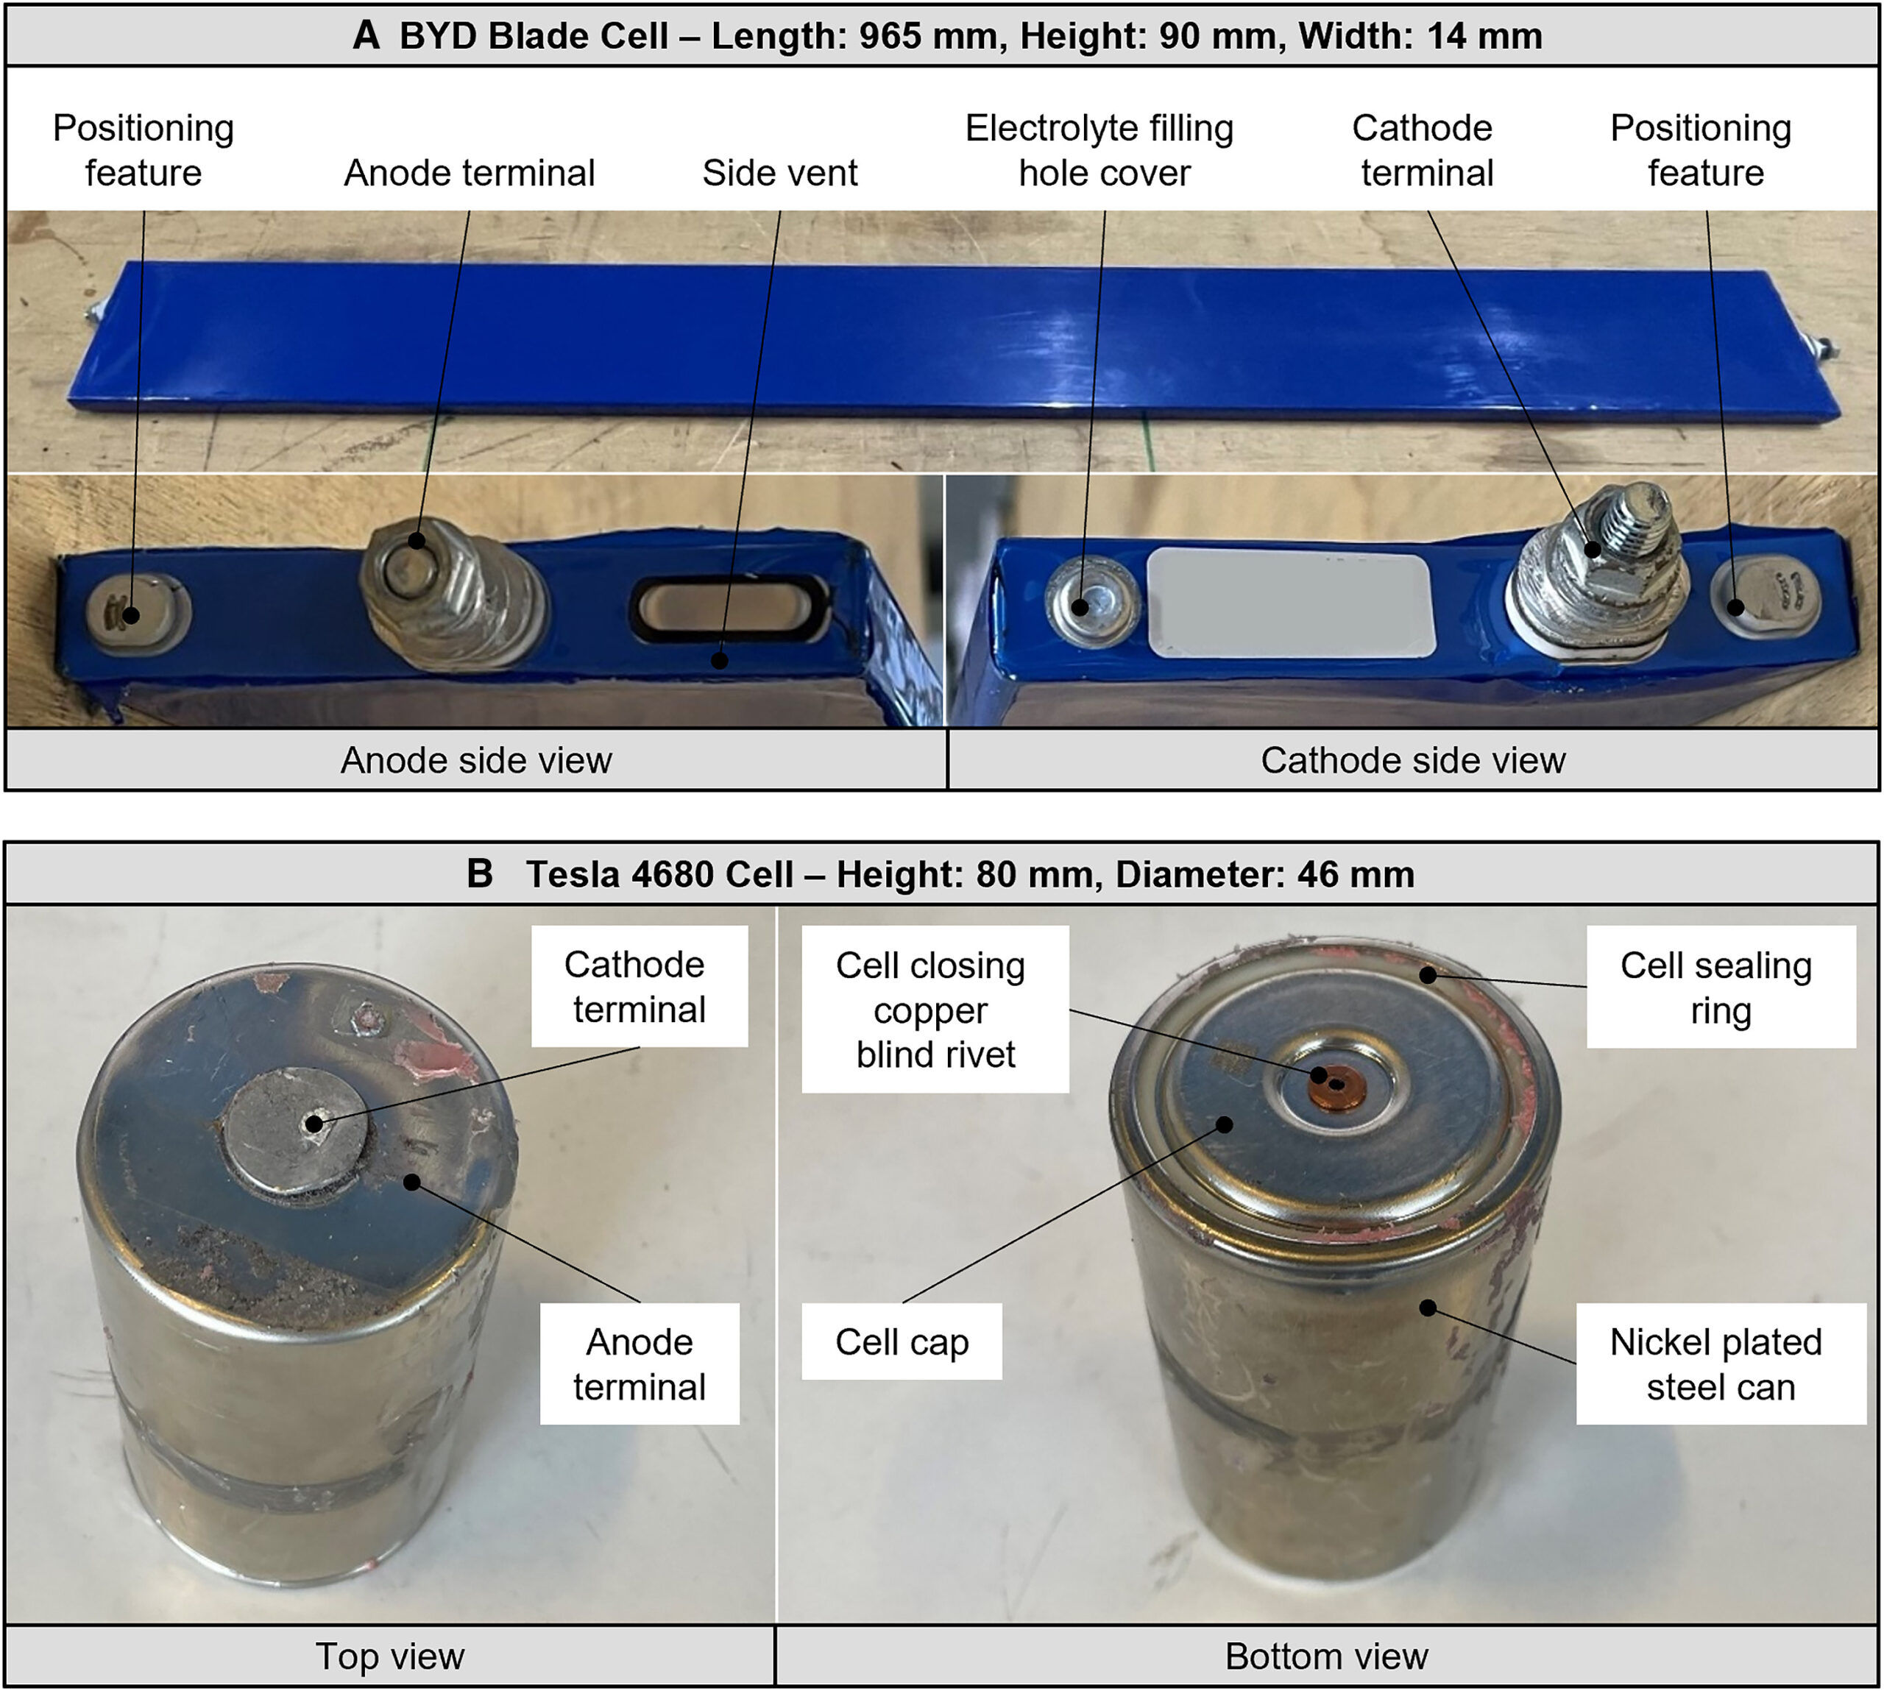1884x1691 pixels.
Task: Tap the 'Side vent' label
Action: (x=779, y=173)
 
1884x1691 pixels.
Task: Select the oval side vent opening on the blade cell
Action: (x=729, y=608)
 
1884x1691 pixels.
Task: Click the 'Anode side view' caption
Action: (x=475, y=760)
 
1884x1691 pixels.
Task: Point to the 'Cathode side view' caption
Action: (x=1412, y=760)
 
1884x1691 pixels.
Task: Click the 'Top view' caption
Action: (x=389, y=1656)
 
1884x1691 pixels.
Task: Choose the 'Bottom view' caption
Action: (x=1327, y=1656)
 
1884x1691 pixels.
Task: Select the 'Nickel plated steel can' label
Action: (x=1721, y=1364)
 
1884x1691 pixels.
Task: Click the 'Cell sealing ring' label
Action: (x=1721, y=987)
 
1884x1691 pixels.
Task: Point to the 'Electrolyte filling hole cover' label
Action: (x=1100, y=151)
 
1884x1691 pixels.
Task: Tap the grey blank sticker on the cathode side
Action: (x=1290, y=603)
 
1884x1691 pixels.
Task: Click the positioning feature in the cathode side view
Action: (x=1764, y=598)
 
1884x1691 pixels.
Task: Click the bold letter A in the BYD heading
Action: (x=367, y=36)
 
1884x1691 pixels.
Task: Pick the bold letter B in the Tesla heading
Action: (x=479, y=874)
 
